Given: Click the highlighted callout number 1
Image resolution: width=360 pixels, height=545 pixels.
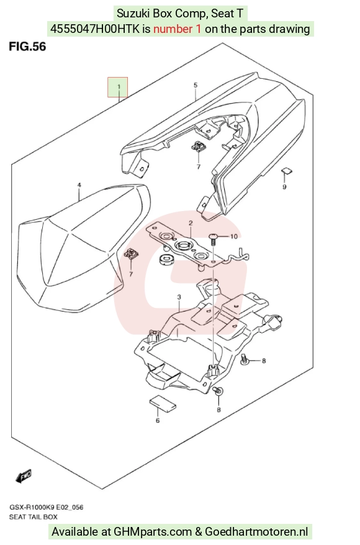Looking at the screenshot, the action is click(119, 87).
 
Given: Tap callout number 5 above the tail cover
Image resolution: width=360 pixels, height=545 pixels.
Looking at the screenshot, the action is click(196, 85).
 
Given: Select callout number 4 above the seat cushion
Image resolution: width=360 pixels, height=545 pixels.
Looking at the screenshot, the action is click(79, 185).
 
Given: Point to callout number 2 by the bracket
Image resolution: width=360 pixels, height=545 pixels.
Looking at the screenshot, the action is click(191, 223).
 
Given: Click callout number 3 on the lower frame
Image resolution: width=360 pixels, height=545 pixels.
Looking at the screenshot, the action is click(179, 297).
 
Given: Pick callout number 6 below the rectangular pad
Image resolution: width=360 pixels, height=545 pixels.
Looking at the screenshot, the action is click(158, 421).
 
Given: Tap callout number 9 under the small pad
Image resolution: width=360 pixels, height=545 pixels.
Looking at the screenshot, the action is click(285, 187).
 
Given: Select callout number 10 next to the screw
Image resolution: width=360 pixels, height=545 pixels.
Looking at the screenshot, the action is click(234, 236).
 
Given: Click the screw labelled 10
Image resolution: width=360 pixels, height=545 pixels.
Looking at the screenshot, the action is click(214, 239).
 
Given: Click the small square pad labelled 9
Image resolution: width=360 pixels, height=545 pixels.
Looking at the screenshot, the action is click(287, 170).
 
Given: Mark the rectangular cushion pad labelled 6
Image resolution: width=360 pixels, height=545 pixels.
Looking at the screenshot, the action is click(163, 402).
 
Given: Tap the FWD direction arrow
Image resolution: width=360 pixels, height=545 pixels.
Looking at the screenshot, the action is click(24, 476).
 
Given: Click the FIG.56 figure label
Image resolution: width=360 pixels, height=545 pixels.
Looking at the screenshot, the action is click(27, 46).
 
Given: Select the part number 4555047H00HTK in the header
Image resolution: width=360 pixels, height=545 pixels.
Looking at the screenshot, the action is click(95, 29).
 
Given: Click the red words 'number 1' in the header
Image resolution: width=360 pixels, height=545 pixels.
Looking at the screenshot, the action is click(178, 29).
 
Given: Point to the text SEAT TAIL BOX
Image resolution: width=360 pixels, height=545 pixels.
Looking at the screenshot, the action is click(34, 517).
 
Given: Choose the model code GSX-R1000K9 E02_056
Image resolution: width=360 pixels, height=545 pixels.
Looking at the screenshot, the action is click(46, 508).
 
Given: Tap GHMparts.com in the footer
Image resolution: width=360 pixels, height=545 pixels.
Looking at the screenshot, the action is click(153, 532).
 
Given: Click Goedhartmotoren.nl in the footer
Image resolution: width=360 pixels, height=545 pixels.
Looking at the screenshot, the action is click(256, 532).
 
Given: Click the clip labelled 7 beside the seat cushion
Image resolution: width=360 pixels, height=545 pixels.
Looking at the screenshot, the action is click(130, 254).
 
